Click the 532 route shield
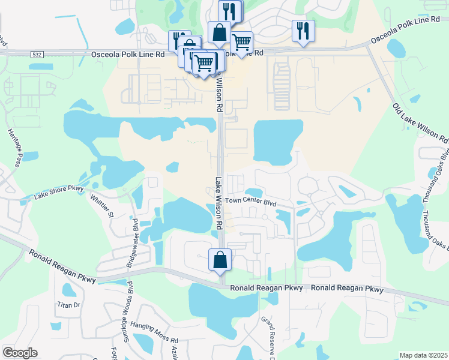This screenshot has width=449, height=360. [x=37, y=54]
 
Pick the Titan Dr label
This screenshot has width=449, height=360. [x=68, y=305]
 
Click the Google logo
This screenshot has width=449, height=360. [x=19, y=353]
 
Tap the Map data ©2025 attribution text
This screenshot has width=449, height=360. [x=423, y=355]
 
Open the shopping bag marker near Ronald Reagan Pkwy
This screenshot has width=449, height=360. [x=220, y=260]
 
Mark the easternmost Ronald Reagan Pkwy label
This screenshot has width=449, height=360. [x=348, y=289]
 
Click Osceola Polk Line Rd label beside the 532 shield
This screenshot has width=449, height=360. [x=128, y=54]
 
